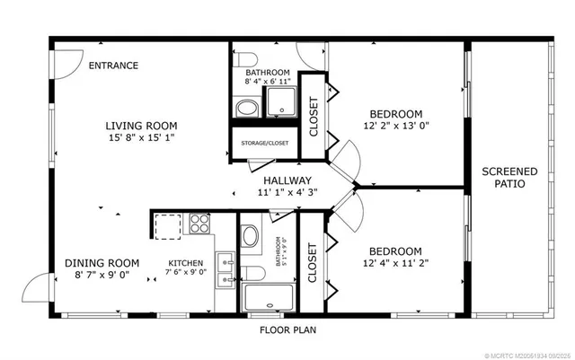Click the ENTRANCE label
click(113, 66)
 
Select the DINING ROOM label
click(102, 263)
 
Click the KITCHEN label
click(186, 263)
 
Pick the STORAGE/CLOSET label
click(265, 142)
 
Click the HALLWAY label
click(287, 180)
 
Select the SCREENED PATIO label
click(509, 178)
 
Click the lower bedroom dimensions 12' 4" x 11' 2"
click(395, 264)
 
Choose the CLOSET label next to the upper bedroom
click(314, 116)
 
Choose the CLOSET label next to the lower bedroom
click(313, 263)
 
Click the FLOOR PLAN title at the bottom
click(287, 329)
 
